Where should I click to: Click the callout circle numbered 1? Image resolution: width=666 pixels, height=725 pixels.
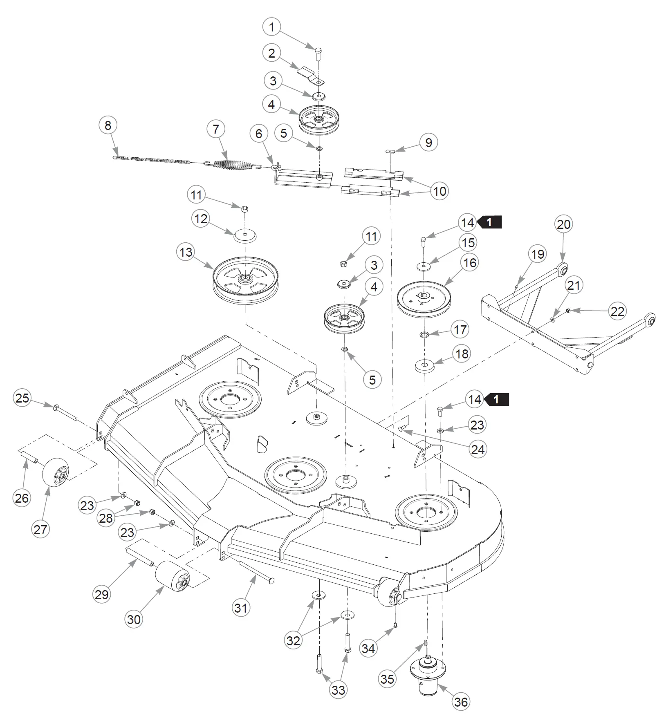(x=271, y=27)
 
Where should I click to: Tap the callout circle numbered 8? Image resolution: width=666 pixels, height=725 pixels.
(x=108, y=125)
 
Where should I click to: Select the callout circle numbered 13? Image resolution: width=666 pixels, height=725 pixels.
(x=186, y=252)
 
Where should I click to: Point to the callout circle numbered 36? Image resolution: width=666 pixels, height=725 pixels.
(x=461, y=702)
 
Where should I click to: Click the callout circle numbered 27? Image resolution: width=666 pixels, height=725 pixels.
(x=40, y=529)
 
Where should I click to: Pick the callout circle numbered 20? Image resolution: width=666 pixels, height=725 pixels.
(x=563, y=224)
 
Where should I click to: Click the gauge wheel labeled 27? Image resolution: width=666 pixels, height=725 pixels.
(x=56, y=472)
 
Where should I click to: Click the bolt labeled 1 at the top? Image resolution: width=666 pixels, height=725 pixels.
(x=318, y=54)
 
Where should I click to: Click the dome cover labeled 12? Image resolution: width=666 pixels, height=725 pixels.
(x=245, y=235)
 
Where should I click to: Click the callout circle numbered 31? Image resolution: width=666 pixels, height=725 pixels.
(x=241, y=608)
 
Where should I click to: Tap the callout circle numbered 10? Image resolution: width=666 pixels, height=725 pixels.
(x=440, y=191)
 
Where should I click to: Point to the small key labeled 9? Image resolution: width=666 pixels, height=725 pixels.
(x=391, y=151)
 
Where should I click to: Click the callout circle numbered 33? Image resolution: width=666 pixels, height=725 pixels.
(x=338, y=690)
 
